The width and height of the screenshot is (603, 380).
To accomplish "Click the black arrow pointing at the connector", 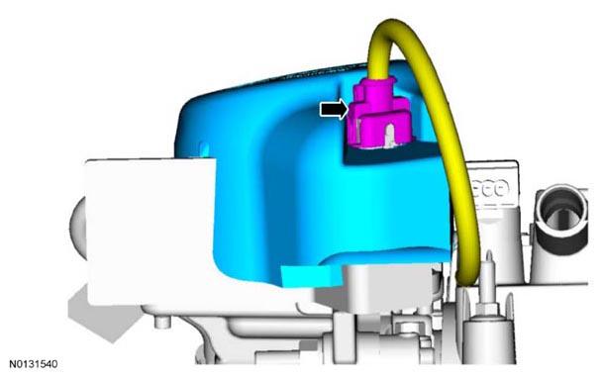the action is (x=334, y=109).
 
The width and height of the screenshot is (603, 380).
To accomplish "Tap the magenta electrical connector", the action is (x=379, y=114).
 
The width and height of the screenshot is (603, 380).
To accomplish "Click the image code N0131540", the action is (x=34, y=364).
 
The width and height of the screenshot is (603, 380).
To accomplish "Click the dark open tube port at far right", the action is (x=561, y=221).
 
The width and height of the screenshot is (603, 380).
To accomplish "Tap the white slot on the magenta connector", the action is (x=389, y=136).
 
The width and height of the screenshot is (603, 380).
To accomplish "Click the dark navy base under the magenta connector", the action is (x=388, y=153).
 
